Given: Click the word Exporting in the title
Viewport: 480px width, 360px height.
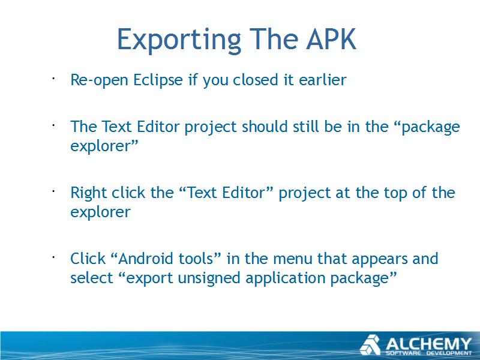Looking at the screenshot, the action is click(x=179, y=40).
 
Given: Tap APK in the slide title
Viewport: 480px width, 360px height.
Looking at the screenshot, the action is click(x=332, y=38).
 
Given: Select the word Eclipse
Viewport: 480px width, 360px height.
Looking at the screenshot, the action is click(x=158, y=80).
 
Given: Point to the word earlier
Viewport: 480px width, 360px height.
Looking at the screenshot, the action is click(x=323, y=80).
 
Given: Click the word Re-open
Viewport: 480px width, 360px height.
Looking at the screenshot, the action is click(x=99, y=80).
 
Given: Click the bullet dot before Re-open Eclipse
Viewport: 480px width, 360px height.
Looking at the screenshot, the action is click(x=53, y=79).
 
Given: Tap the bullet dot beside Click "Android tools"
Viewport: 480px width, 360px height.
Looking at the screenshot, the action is click(x=53, y=257).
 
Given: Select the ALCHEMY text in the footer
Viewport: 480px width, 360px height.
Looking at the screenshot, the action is click(x=428, y=344).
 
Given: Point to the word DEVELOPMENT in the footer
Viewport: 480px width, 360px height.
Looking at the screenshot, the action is click(x=449, y=353).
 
